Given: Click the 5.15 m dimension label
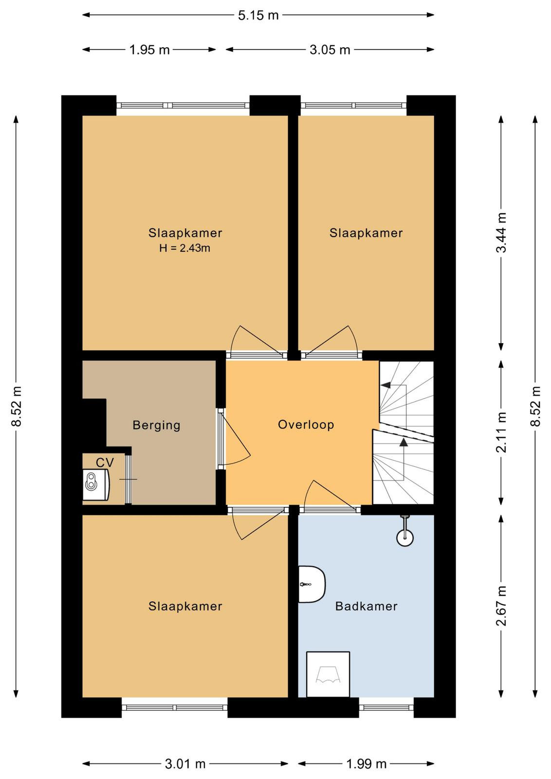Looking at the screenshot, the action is tap(258, 15).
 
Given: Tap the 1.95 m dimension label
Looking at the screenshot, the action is tap(149, 50).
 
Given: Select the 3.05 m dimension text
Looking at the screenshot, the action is tap(330, 50).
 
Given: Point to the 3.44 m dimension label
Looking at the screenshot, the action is tap(501, 233).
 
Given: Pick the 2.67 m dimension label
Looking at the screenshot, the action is tap(501, 606).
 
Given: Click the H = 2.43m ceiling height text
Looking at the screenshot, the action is tap(184, 248).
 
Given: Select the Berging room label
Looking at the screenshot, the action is tap(156, 426).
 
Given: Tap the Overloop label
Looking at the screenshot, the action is tap(306, 425).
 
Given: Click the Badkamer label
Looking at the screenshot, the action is tap(367, 607).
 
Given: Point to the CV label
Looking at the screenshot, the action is tap(105, 463).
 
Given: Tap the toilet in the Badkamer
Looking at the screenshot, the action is tap(312, 584).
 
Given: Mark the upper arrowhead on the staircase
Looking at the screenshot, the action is tap(385, 385).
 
